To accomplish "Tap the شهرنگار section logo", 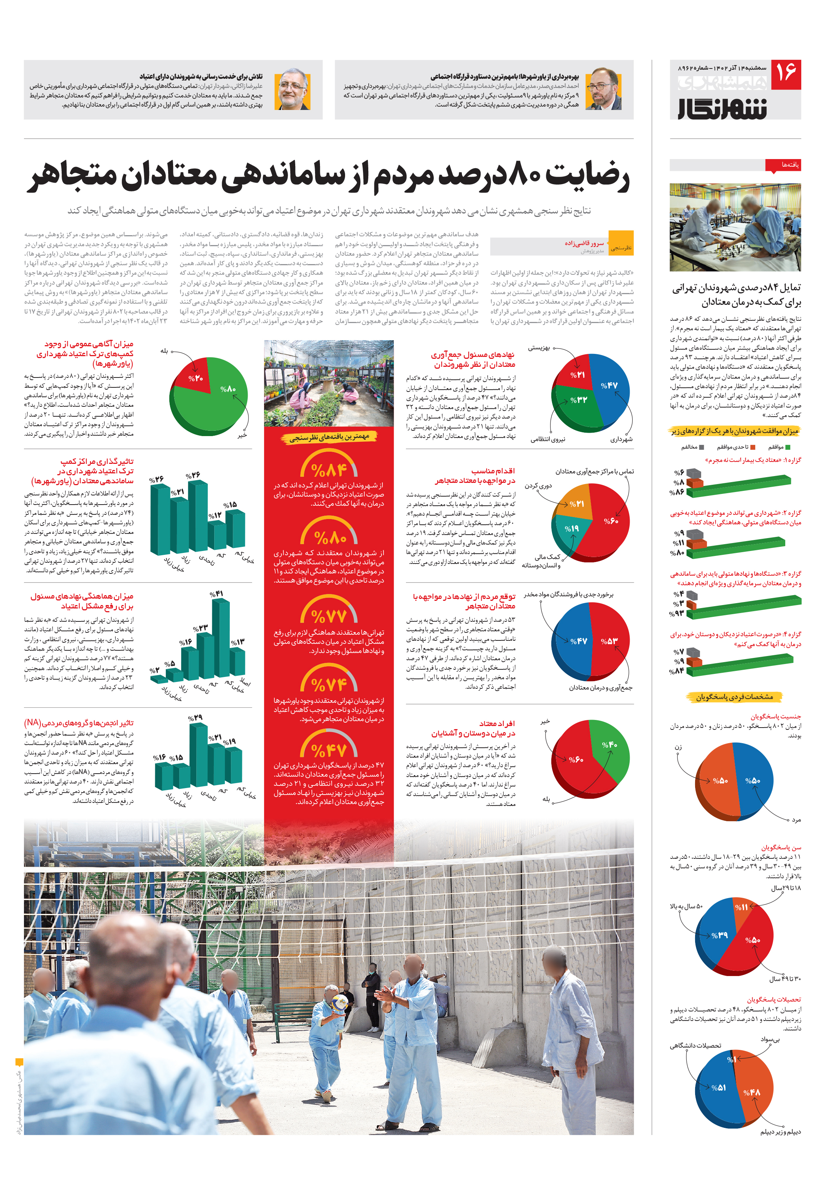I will tap(722, 108).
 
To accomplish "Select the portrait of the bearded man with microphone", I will tap(604, 89).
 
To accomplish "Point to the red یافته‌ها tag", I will tap(782, 165).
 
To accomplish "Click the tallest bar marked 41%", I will tap(221, 635).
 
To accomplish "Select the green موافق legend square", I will tap(788, 447).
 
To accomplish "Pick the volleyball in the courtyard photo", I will tap(339, 1001).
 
